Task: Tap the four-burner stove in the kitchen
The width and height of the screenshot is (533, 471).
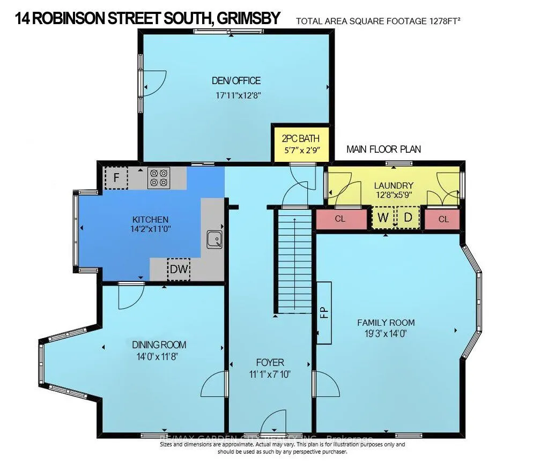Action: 158,177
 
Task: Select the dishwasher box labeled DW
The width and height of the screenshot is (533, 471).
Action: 179,270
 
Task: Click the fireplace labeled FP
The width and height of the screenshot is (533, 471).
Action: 323,312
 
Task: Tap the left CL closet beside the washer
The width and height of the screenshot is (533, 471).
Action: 340,219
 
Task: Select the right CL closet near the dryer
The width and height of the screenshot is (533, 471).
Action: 443,219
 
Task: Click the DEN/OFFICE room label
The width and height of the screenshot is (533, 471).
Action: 236,81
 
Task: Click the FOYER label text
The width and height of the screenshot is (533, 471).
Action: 270,362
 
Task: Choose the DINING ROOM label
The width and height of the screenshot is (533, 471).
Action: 159,345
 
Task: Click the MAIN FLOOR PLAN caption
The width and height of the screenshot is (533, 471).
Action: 383,149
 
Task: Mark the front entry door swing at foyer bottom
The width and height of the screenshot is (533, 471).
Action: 278,421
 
